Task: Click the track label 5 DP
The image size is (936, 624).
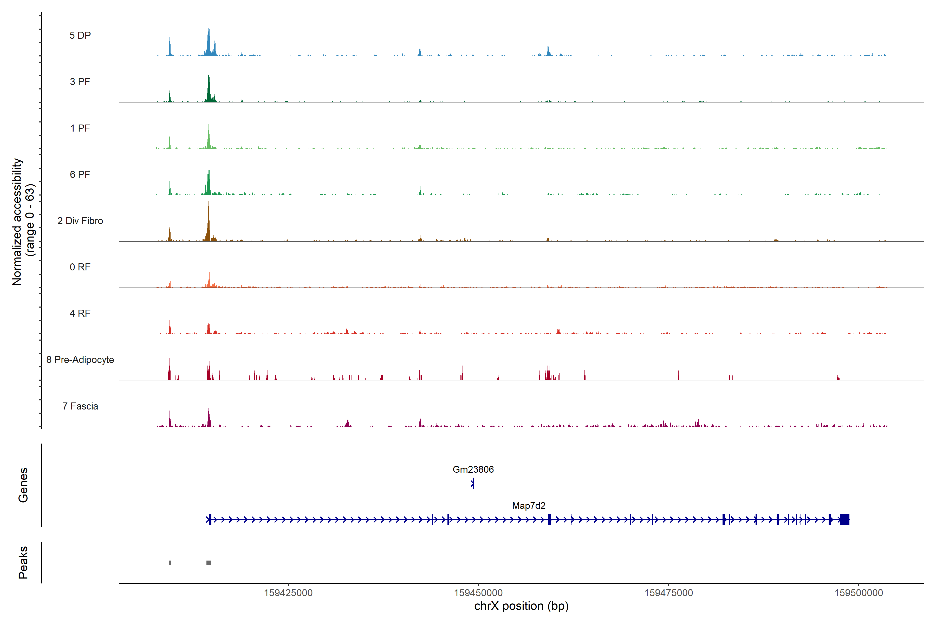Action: click(x=80, y=35)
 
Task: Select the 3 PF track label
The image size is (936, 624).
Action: click(x=80, y=82)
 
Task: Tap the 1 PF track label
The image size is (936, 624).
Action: click(x=80, y=128)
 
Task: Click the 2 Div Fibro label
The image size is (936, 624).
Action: click(x=80, y=221)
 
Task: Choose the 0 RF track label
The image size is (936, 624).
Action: click(x=80, y=267)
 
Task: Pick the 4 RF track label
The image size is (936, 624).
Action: click(x=80, y=313)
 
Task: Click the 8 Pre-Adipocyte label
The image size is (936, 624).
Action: click(x=80, y=360)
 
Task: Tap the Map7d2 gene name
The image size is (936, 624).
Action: click(x=529, y=505)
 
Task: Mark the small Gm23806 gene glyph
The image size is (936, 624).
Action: click(x=472, y=484)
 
